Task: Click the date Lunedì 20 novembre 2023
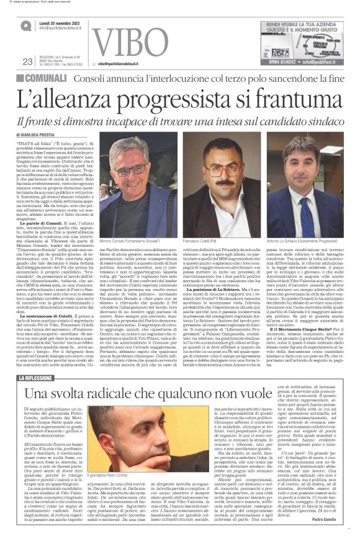pyautogui.click(x=60, y=22)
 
